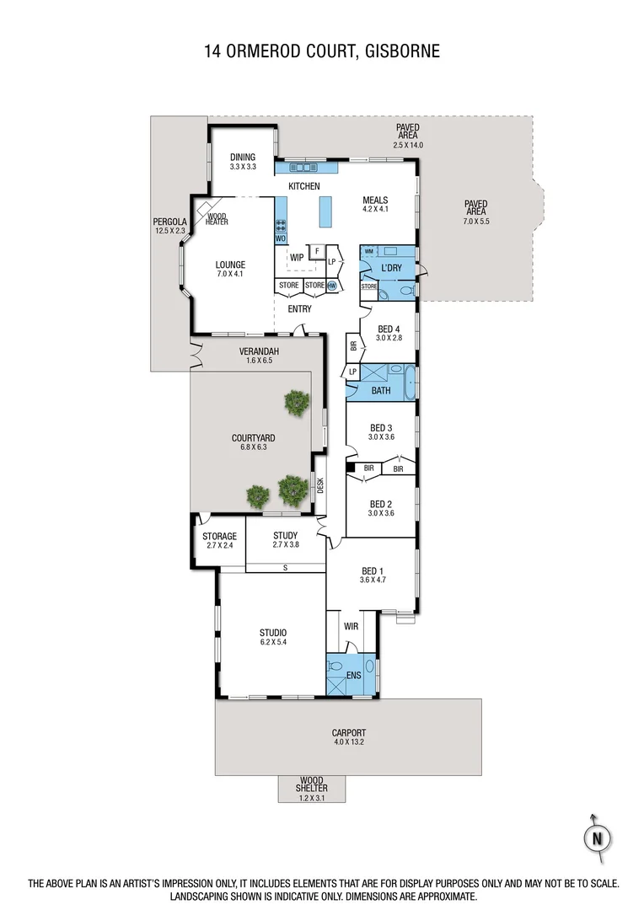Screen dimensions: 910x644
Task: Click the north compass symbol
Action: [x=597, y=838]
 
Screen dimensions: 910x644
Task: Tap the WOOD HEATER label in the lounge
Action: [x=217, y=218]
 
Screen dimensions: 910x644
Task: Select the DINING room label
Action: [x=243, y=158]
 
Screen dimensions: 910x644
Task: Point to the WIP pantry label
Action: [x=296, y=258]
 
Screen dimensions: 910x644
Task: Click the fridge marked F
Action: [x=317, y=251]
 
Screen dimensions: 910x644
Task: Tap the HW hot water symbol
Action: [x=332, y=286]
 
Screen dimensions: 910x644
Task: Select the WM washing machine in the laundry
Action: [x=369, y=251]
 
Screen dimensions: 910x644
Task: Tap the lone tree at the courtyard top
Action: [x=295, y=402]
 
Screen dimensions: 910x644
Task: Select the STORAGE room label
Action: [x=219, y=536]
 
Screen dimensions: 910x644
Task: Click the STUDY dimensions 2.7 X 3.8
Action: [x=287, y=545]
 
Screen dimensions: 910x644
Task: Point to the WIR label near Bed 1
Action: [x=352, y=627]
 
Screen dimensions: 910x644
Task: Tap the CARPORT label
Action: [x=348, y=733]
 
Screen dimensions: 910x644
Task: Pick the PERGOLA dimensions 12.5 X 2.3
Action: [x=169, y=230]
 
